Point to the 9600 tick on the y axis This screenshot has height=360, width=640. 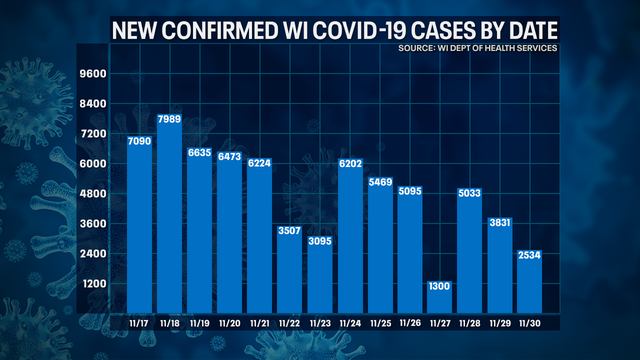93,74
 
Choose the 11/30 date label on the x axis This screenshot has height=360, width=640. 530,323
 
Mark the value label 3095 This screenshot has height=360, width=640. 321,241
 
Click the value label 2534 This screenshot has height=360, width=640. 530,256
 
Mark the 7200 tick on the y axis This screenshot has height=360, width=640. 93,134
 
